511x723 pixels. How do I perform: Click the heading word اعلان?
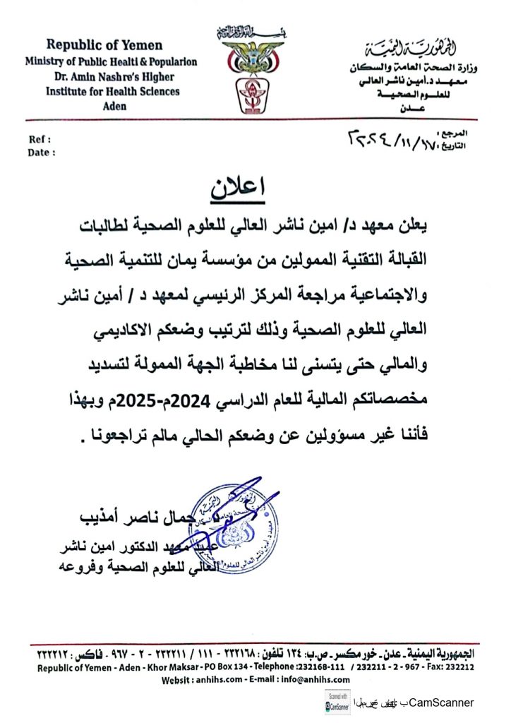[236, 188]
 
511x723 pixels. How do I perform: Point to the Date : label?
[42, 152]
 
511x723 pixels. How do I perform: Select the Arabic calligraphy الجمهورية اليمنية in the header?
[421, 49]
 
